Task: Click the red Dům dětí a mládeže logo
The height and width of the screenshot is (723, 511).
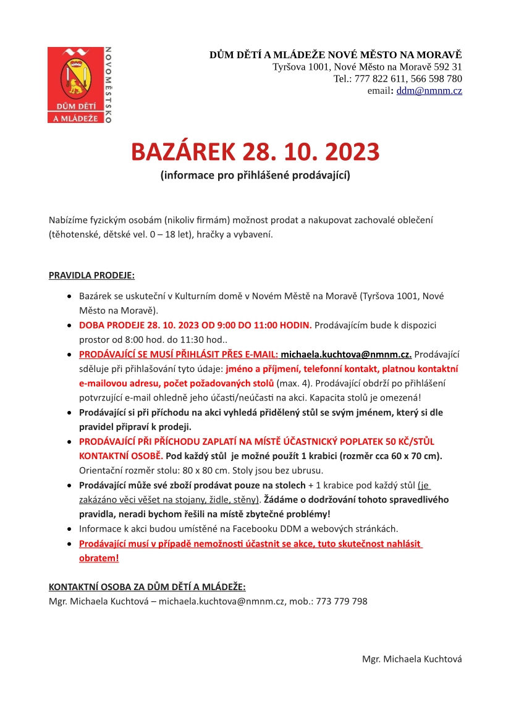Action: (76, 85)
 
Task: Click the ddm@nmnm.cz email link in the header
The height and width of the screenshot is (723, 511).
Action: (429, 91)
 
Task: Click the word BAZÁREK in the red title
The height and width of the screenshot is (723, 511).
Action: (184, 152)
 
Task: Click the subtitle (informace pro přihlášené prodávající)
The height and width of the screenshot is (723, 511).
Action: (255, 175)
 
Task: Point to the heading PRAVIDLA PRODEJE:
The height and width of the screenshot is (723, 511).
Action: (91, 274)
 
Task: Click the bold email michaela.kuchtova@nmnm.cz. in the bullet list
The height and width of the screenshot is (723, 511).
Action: (346, 354)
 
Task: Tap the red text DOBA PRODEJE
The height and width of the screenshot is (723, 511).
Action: (111, 325)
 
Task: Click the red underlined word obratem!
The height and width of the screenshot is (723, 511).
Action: (99, 558)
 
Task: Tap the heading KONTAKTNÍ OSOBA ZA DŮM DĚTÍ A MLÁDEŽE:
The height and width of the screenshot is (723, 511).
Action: (147, 586)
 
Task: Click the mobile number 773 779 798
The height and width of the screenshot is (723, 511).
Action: (342, 601)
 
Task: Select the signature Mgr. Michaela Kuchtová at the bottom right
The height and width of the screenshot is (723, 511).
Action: (412, 659)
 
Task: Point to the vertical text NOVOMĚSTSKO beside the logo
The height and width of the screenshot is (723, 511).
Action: (108, 85)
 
